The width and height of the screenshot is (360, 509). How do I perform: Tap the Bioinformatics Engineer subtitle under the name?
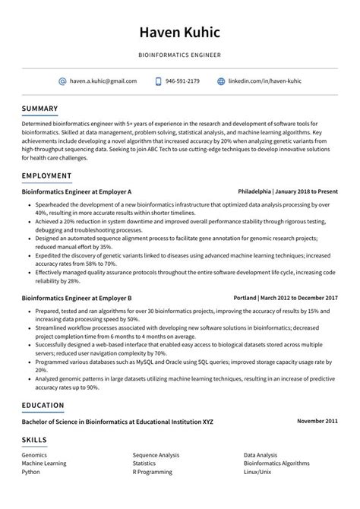coord(179,56)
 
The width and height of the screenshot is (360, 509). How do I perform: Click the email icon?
coord(62,81)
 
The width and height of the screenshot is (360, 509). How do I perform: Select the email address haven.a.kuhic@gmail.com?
coord(103,81)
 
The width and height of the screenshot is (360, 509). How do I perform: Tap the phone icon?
coord(158,81)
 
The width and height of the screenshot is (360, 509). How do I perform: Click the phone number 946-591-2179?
coord(182,81)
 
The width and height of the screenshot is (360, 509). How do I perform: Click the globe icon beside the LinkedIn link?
coord(221,81)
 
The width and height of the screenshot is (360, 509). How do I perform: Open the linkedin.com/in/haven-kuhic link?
coord(265,81)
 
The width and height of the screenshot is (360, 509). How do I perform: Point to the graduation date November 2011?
coord(317,421)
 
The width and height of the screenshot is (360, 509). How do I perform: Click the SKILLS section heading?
coord(34,439)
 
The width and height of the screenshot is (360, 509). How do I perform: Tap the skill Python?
coord(31,471)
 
